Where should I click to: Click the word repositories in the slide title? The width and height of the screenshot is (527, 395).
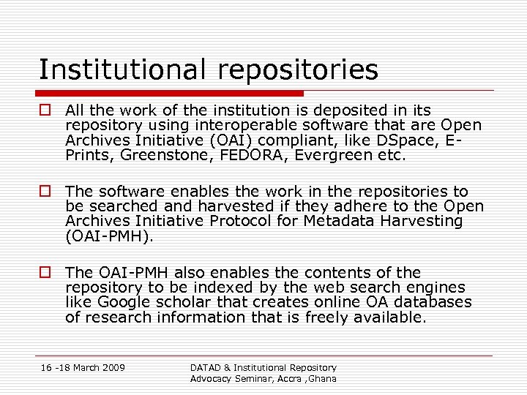pyautogui.click(x=299, y=71)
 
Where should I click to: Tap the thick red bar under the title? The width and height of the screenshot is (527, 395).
pyautogui.click(x=171, y=94)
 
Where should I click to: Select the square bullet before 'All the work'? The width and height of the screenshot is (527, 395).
pyautogui.click(x=46, y=110)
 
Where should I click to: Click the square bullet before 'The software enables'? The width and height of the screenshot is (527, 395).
pyautogui.click(x=46, y=192)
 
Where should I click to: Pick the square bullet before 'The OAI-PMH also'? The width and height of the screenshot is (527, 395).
pyautogui.click(x=46, y=273)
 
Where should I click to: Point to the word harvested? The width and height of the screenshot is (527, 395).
pyautogui.click(x=219, y=206)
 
